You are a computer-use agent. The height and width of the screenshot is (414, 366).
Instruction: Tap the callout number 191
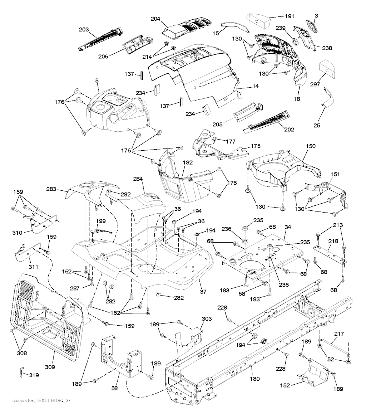[x=290, y=16]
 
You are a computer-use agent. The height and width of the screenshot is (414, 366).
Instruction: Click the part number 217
[x=339, y=334]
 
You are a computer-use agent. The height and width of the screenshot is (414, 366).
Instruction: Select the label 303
[x=207, y=318]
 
